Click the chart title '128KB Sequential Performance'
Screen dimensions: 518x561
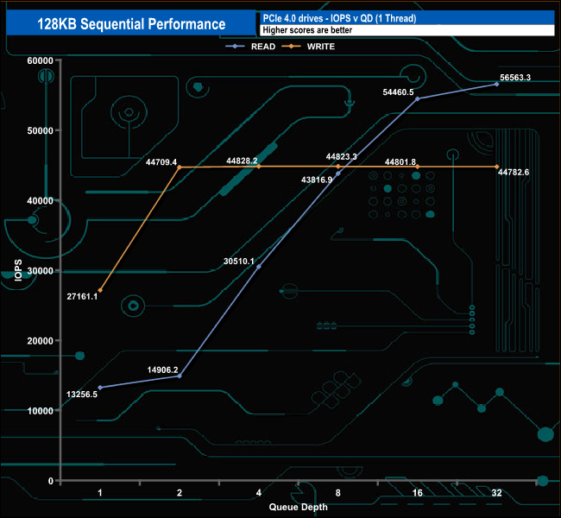pyautogui.click(x=131, y=24)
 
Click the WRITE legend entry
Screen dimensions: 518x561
pyautogui.click(x=319, y=46)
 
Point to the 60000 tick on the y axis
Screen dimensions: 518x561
pyautogui.click(x=40, y=60)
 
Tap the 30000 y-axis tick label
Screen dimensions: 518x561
pyautogui.click(x=40, y=271)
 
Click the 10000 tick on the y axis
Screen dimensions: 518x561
pyautogui.click(x=40, y=411)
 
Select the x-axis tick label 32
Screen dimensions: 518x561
pyautogui.click(x=496, y=494)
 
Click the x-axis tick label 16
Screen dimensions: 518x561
pyautogui.click(x=417, y=494)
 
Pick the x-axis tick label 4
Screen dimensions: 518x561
pyautogui.click(x=259, y=494)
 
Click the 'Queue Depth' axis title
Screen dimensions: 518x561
pyautogui.click(x=299, y=507)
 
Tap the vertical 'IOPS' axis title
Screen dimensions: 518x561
pyautogui.click(x=17, y=271)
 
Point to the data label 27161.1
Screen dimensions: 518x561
pyautogui.click(x=82, y=296)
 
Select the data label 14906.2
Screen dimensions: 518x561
pyautogui.click(x=162, y=370)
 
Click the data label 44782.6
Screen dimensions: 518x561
pyautogui.click(x=513, y=173)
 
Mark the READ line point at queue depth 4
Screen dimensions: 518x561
pyautogui.click(x=259, y=267)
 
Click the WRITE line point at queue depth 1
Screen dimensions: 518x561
pyautogui.click(x=100, y=290)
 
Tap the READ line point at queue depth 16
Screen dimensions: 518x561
pyautogui.click(x=417, y=98)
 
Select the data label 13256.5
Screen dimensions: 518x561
pyautogui.click(x=82, y=395)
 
